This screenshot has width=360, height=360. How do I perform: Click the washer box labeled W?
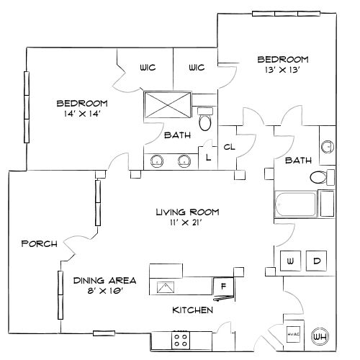point(291,260)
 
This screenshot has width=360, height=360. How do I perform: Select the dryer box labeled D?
point(316,260)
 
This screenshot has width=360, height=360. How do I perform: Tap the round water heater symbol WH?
point(320,335)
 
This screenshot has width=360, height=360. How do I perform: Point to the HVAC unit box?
point(293,333)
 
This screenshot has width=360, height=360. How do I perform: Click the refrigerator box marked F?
point(223,287)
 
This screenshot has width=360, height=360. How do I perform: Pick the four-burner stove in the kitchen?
point(181,338)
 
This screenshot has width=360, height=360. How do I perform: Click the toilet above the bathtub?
point(318,177)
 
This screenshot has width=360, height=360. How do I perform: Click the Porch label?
point(39,243)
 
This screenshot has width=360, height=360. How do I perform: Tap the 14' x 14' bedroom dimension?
point(83,114)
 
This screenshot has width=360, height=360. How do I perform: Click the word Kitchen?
point(192,310)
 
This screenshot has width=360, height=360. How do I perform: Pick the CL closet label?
point(230,147)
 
